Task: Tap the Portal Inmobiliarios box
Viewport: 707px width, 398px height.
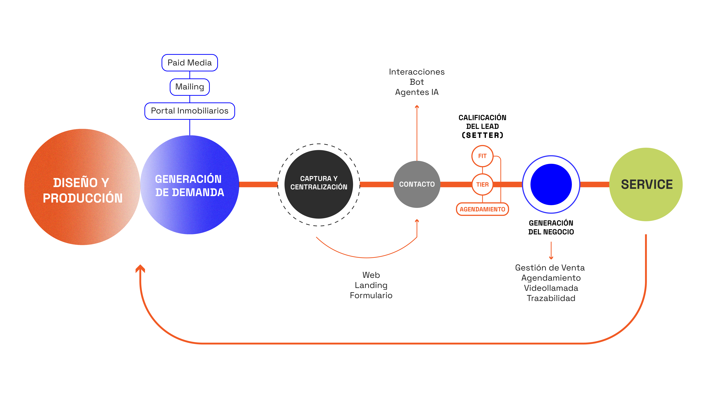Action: pyautogui.click(x=190, y=111)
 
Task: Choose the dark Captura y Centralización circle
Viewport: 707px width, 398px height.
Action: pyautogui.click(x=319, y=184)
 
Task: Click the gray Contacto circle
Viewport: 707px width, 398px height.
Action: pyautogui.click(x=417, y=184)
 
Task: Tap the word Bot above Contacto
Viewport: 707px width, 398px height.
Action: pyautogui.click(x=417, y=82)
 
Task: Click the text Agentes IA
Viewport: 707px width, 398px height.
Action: pyautogui.click(x=417, y=92)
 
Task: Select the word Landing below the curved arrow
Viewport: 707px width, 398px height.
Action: pyautogui.click(x=371, y=285)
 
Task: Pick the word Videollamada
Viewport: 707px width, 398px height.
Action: pyautogui.click(x=551, y=288)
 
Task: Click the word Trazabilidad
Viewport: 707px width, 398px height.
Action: pyautogui.click(x=551, y=298)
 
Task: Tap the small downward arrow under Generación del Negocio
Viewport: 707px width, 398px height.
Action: pyautogui.click(x=551, y=250)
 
